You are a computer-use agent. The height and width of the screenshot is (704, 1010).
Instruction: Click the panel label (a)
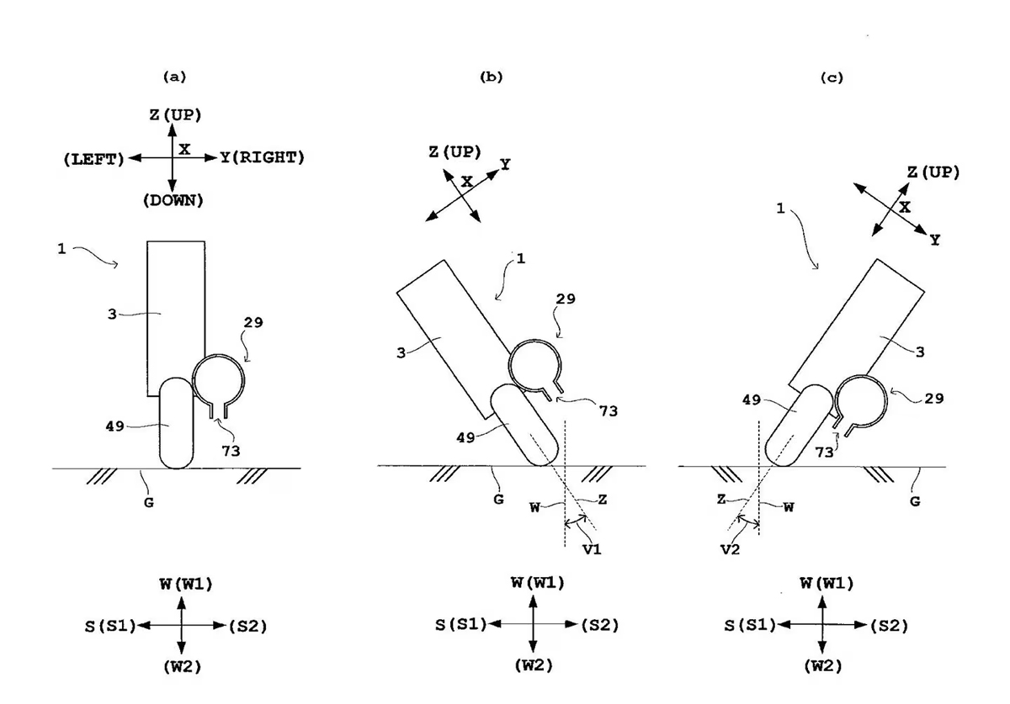(173, 77)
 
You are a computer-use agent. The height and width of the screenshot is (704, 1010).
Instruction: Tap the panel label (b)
(491, 77)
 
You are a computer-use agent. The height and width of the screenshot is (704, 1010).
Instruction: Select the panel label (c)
(832, 77)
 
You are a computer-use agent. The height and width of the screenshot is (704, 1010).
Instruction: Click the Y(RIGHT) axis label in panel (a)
(262, 157)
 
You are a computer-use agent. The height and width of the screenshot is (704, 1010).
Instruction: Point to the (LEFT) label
(94, 158)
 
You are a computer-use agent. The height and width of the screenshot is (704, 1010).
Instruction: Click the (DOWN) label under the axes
(173, 200)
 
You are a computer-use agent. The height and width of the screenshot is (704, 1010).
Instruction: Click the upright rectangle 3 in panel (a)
(175, 311)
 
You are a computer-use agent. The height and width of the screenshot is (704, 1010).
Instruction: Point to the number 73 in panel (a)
(230, 451)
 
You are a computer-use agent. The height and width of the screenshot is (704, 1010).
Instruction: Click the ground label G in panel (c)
(916, 500)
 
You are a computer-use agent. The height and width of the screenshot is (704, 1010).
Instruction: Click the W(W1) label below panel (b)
(535, 582)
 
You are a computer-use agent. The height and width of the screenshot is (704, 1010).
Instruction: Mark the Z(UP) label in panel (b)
(454, 151)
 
